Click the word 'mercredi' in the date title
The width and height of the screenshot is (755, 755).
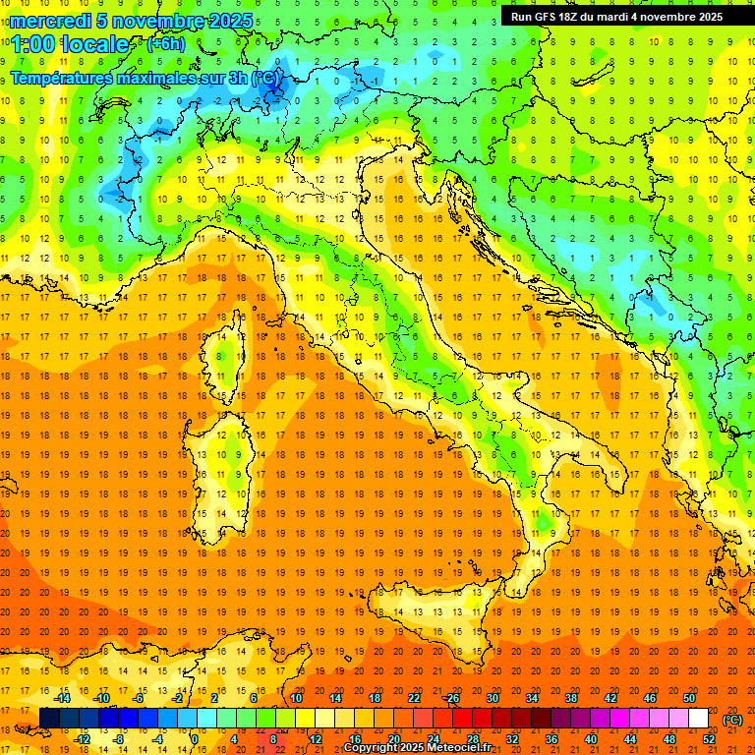point(51,21)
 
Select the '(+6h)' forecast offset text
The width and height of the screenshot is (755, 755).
point(164,44)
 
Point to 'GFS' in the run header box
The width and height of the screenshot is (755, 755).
point(550,17)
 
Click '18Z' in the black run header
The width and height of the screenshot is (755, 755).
point(577,17)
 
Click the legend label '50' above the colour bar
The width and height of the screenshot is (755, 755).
point(689,698)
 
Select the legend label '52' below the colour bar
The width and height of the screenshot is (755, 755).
point(709,739)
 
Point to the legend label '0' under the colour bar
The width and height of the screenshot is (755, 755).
point(196,739)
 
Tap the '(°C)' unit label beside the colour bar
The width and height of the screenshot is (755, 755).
point(732,720)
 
